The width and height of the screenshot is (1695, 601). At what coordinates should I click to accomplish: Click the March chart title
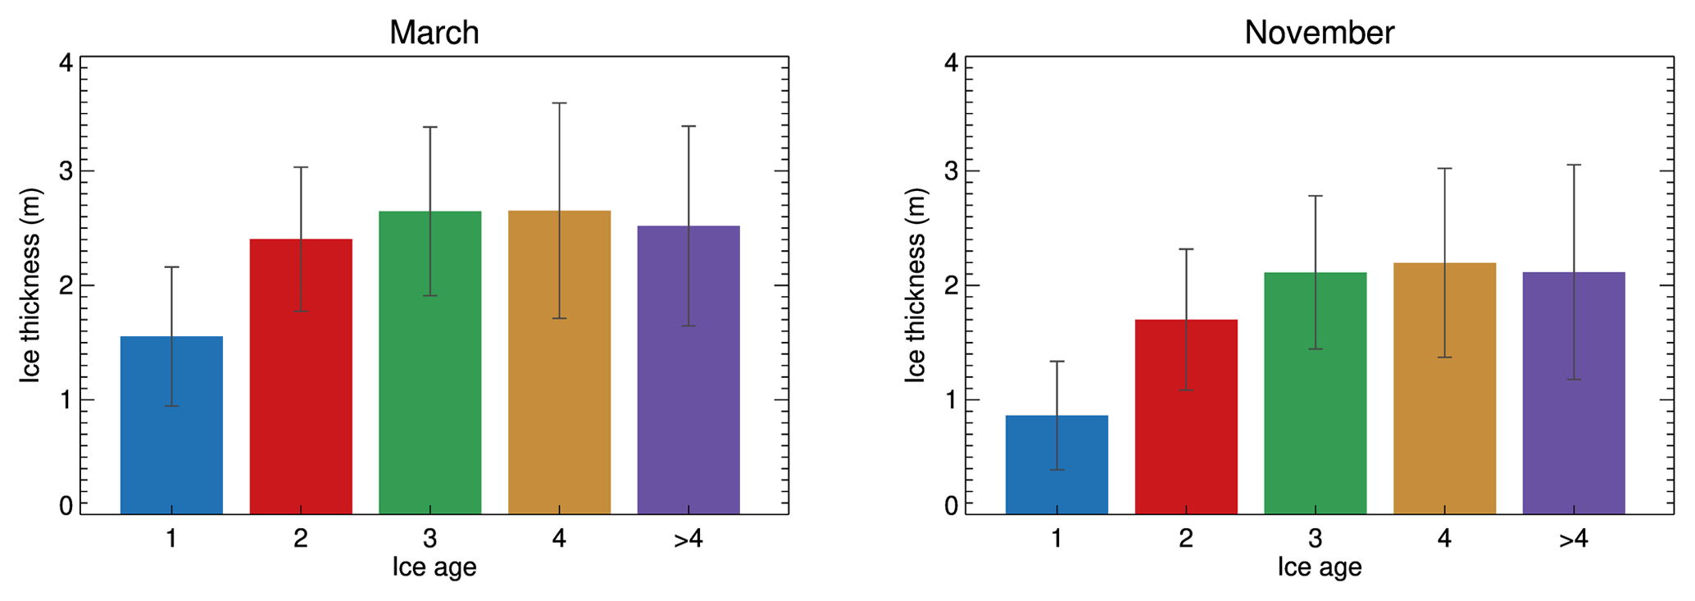click(x=434, y=33)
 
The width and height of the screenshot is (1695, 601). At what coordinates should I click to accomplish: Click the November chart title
click(x=1319, y=33)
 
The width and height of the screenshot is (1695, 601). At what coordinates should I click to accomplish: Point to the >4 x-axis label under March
click(x=688, y=539)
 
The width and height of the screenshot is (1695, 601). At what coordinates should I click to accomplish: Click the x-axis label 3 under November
click(x=1315, y=539)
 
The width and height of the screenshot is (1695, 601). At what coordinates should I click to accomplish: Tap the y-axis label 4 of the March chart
click(x=66, y=63)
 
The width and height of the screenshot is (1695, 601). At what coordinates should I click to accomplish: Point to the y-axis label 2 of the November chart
click(x=951, y=286)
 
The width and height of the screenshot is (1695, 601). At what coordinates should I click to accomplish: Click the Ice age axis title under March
click(x=434, y=567)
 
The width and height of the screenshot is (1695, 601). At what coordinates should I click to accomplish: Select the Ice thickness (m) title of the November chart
click(x=915, y=285)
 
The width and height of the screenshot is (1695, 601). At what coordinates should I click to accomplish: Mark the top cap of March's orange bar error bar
click(x=559, y=103)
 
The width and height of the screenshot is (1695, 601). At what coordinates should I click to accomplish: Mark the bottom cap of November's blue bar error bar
click(x=1057, y=470)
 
